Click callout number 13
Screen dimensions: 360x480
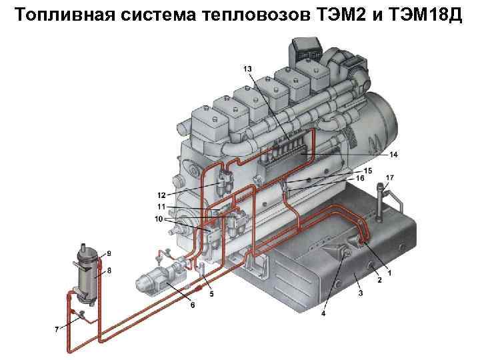tap(247, 69)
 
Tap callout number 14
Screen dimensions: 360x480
tap(393, 155)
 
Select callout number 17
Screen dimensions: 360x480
tap(390, 177)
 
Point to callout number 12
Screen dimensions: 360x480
tap(161, 195)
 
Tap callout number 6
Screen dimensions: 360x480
tap(193, 305)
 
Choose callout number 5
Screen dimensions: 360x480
tap(211, 293)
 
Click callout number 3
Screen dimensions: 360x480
tap(360, 293)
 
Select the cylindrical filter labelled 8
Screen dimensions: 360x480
tap(87, 273)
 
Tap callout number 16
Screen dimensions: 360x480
tap(360, 179)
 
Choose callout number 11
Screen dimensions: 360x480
tap(161, 207)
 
